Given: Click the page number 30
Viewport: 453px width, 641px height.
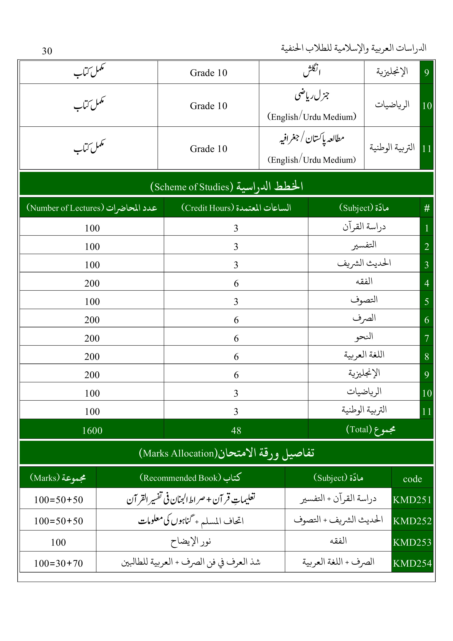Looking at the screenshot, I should pos(47,51).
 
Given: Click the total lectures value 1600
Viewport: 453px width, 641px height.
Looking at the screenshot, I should pos(92,431).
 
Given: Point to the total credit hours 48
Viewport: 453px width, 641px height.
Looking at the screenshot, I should pos(236,431).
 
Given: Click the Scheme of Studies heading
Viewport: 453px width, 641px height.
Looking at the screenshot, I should pos(226,186).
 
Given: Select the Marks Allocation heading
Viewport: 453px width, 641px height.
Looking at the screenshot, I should pos(226,453).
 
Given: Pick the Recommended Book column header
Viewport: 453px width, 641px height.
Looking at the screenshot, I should pos(190,478).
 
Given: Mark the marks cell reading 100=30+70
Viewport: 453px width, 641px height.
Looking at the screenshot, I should pos(58,563).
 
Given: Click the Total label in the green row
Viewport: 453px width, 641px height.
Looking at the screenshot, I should pos(371,429).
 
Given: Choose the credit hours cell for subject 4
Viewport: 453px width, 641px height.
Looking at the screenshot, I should pos(236,283).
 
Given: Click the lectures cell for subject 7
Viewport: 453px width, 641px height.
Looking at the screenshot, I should pos(92,338).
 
